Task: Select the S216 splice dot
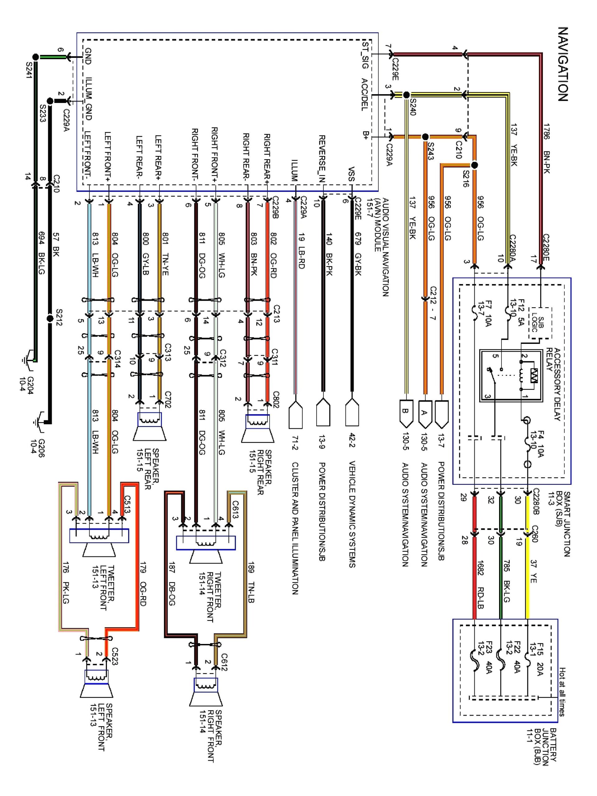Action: click(474, 165)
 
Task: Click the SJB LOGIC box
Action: click(540, 323)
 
